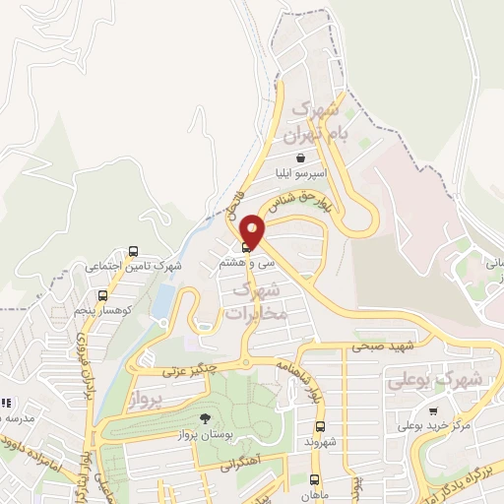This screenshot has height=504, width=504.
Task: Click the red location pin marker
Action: pyautogui.click(x=253, y=229)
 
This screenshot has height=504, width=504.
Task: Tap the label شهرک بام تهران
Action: pyautogui.click(x=314, y=120)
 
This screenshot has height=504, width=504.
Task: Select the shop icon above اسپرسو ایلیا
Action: pyautogui.click(x=300, y=157)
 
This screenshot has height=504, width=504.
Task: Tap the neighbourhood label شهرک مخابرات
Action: pyautogui.click(x=256, y=302)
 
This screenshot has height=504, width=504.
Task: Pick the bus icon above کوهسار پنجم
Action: pyautogui.click(x=102, y=295)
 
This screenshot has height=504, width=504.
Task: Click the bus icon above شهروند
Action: pyautogui.click(x=320, y=427)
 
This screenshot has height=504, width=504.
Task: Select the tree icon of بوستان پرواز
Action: pyautogui.click(x=205, y=419)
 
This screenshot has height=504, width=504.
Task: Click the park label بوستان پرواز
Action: pyautogui.click(x=204, y=434)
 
